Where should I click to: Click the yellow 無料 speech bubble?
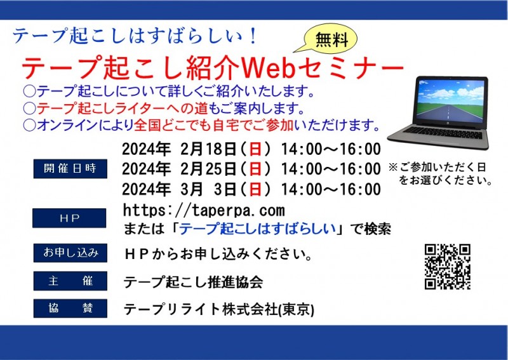point(331,41)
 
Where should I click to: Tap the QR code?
point(447,267)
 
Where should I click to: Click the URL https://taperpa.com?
point(204,210)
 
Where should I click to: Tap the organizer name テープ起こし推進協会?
point(193,281)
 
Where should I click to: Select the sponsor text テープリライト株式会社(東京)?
point(218,309)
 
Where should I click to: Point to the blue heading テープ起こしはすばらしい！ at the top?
point(136,36)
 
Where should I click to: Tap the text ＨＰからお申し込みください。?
point(217,255)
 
